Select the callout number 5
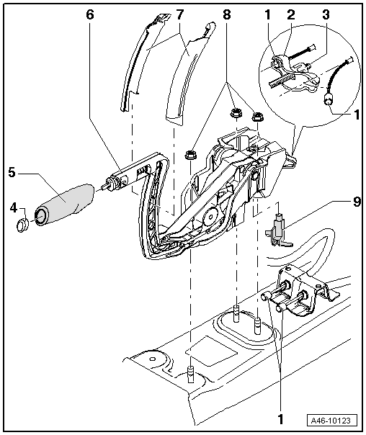pos(12,173)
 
